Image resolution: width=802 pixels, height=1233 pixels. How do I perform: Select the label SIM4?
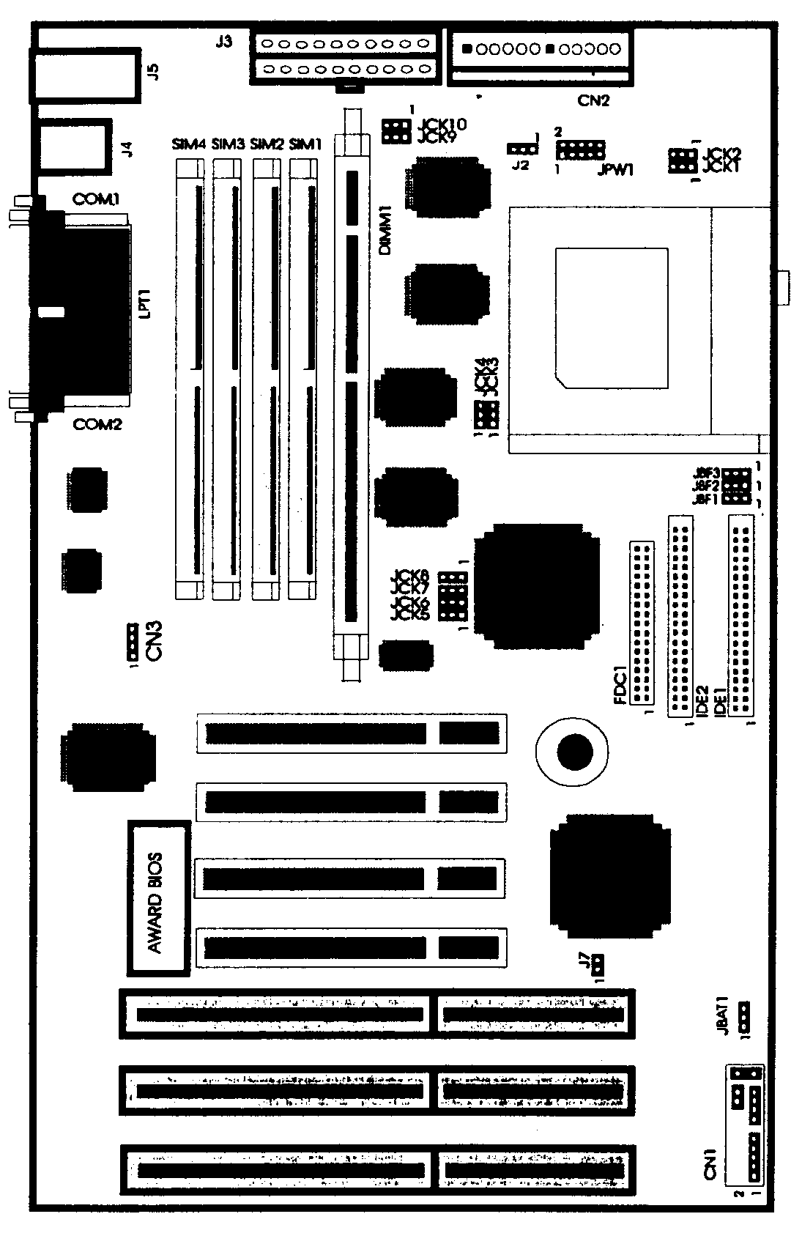click(189, 144)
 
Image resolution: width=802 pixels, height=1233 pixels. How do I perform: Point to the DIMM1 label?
click(386, 230)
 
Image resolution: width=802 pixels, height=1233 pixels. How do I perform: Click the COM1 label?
click(96, 199)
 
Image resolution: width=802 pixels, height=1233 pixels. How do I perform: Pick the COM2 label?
click(97, 424)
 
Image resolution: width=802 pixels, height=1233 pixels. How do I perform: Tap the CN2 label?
click(593, 101)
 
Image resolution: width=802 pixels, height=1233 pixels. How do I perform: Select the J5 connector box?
click(84, 75)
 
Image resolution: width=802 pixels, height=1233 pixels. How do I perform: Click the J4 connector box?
click(74, 146)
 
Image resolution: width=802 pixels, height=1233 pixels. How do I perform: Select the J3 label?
click(224, 42)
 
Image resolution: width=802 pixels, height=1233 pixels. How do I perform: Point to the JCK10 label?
click(441, 125)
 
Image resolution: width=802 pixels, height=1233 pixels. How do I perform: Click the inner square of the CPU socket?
click(612, 316)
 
